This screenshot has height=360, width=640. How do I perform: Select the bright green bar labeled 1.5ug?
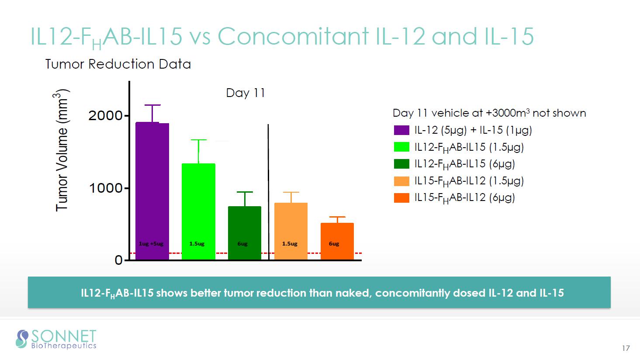tap(198, 211)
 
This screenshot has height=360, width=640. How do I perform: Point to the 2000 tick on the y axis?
tap(106, 116)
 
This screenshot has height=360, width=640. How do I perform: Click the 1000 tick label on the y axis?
tap(106, 188)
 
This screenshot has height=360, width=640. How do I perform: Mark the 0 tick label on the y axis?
tap(118, 260)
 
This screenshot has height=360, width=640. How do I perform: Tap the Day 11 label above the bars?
tap(246, 93)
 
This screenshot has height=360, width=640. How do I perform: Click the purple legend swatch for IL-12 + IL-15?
tap(401, 130)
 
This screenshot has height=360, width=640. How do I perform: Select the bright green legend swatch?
tap(401, 147)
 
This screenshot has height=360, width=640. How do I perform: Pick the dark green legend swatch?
tap(401, 164)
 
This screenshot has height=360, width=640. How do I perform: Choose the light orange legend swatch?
tap(401, 181)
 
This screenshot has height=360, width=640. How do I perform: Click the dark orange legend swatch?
tap(401, 198)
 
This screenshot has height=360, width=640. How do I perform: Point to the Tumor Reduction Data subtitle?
tap(118, 64)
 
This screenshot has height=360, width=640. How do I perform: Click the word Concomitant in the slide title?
tap(293, 36)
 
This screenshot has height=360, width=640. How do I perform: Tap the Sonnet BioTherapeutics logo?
tap(56, 339)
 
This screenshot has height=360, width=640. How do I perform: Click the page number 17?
tap(626, 348)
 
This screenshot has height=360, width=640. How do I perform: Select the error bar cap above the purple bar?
tap(152, 105)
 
